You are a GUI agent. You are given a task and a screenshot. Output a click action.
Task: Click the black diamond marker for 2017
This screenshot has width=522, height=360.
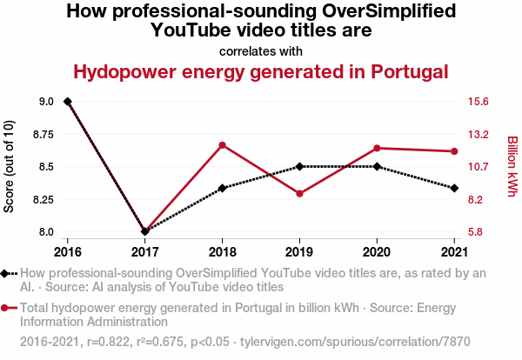(145, 231)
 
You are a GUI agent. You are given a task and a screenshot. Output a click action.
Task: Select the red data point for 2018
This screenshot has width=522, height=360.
(223, 145)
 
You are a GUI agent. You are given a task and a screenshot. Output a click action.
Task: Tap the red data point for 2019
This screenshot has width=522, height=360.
(299, 193)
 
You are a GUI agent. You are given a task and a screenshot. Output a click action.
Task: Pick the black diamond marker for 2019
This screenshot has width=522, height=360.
(299, 166)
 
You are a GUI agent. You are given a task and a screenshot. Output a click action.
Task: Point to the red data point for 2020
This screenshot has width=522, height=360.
(377, 148)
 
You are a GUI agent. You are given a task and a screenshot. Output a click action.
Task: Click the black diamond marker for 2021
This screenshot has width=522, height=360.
(454, 188)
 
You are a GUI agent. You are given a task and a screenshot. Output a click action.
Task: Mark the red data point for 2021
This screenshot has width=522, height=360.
(454, 151)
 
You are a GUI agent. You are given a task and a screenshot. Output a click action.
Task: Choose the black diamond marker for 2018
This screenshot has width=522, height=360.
(223, 188)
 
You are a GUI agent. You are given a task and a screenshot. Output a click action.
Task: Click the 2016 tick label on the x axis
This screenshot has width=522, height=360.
(68, 251)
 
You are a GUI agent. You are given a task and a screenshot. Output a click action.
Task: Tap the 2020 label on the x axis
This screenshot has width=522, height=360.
(377, 251)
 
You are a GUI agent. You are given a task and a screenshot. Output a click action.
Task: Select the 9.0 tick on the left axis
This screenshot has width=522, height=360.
(46, 102)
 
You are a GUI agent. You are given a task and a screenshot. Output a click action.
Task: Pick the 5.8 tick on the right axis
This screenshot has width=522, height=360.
(475, 232)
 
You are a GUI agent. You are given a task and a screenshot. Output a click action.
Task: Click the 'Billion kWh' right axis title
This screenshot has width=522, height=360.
(512, 166)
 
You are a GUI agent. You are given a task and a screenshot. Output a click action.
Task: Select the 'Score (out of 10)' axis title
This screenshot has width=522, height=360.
(10, 166)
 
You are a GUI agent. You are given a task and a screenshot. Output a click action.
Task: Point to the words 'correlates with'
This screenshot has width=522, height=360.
(261, 50)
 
